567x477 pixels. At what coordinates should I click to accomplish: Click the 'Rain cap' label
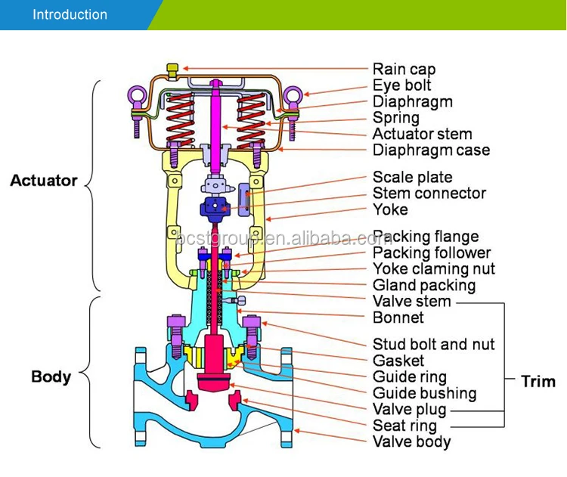[x=404, y=69]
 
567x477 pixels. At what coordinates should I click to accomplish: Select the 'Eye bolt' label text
[x=401, y=85]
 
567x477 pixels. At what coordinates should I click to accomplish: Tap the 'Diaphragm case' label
[x=431, y=150]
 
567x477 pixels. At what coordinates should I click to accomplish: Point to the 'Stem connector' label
[x=428, y=194]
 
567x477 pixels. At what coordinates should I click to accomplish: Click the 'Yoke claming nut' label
[x=434, y=269]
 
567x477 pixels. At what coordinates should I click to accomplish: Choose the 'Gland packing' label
[x=424, y=285]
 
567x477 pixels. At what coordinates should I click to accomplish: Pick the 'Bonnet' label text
[x=398, y=317]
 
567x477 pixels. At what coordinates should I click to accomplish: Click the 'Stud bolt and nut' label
[x=434, y=345]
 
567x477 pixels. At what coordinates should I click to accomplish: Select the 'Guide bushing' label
[x=424, y=393]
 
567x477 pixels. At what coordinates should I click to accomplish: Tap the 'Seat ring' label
[x=404, y=426]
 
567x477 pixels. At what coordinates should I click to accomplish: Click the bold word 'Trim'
[x=538, y=381]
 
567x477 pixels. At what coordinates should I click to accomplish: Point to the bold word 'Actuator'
[x=44, y=181]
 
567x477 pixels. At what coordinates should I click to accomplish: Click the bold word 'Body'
[x=51, y=376]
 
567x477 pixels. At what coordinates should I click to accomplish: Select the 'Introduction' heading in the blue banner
[x=70, y=14]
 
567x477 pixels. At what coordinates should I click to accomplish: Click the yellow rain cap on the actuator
[x=172, y=70]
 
